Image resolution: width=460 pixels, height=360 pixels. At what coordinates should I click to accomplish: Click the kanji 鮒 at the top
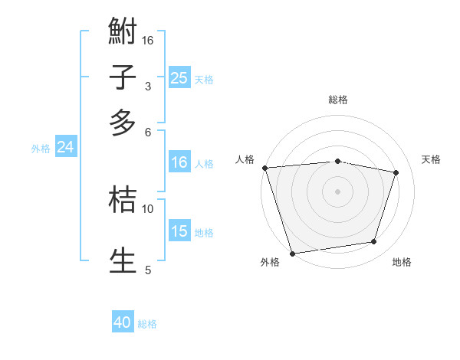click(123, 32)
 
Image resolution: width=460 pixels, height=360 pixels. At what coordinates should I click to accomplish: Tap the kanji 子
click(123, 77)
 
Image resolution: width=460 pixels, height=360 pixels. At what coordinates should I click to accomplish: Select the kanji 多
click(123, 123)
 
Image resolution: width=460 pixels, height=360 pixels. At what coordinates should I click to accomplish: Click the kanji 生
click(123, 260)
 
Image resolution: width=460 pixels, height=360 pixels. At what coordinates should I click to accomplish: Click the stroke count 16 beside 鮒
click(148, 40)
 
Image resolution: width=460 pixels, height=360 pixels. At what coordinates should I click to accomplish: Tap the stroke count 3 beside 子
click(148, 86)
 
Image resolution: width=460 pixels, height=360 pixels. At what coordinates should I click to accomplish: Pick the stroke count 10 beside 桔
click(148, 208)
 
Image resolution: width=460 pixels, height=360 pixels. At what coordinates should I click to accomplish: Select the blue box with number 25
click(179, 78)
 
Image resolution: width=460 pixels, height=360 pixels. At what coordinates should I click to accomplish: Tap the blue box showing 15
click(179, 231)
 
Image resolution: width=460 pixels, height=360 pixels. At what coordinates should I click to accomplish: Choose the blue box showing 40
click(123, 322)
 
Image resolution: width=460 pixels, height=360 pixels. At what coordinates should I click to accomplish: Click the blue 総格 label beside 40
click(147, 324)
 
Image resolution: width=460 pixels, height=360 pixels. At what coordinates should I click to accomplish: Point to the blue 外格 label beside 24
click(40, 149)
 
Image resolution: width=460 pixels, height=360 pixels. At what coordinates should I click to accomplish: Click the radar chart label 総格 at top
click(337, 100)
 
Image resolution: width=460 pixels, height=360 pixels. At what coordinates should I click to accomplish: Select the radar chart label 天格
click(432, 159)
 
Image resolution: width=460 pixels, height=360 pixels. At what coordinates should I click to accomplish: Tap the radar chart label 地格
click(402, 263)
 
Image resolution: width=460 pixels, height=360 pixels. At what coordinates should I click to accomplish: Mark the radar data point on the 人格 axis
click(264, 168)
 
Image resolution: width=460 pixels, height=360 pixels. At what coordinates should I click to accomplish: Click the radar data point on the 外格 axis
click(293, 253)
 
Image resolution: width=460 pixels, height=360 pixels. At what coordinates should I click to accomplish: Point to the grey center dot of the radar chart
click(337, 191)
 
